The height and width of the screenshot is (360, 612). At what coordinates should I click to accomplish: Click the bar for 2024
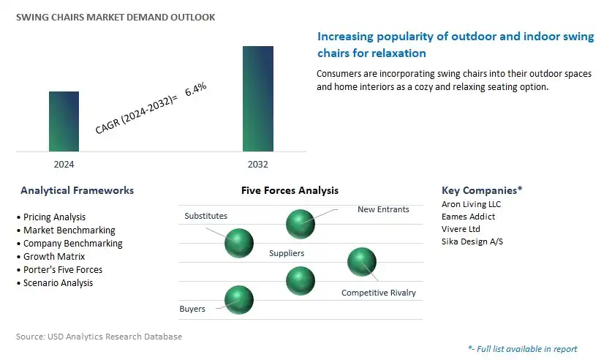pyautogui.click(x=64, y=121)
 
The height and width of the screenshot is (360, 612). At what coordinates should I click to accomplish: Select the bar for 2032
pyautogui.click(x=258, y=99)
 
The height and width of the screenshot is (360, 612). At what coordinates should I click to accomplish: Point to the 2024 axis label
pyautogui.click(x=64, y=165)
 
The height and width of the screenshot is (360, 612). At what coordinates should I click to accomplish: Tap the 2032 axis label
pyautogui.click(x=258, y=165)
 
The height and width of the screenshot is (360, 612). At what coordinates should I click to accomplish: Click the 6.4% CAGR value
pyautogui.click(x=195, y=89)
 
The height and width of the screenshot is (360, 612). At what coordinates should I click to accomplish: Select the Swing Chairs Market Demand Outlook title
pyautogui.click(x=116, y=17)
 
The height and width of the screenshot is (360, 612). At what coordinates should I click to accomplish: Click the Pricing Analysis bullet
pyautogui.click(x=51, y=217)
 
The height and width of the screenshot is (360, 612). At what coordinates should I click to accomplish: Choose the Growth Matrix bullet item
pyautogui.click(x=50, y=257)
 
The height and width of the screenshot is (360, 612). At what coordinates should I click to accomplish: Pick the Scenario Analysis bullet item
pyautogui.click(x=55, y=283)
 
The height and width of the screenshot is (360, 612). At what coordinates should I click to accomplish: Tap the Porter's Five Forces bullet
pyautogui.click(x=60, y=270)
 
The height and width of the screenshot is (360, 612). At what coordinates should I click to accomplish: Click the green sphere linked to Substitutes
pyautogui.click(x=239, y=243)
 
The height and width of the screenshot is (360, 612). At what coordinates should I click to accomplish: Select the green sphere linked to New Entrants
pyautogui.click(x=300, y=224)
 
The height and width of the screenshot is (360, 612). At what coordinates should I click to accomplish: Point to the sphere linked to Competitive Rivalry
pyautogui.click(x=362, y=262)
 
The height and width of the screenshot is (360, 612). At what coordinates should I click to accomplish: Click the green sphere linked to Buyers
pyautogui.click(x=239, y=300)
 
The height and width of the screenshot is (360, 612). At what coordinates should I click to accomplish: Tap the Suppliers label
pyautogui.click(x=287, y=253)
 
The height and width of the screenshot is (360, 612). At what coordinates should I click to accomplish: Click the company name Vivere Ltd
pyautogui.click(x=461, y=229)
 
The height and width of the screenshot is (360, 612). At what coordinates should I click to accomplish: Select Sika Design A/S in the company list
pyautogui.click(x=472, y=241)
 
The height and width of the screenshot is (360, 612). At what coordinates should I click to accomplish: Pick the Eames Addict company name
pyautogui.click(x=469, y=217)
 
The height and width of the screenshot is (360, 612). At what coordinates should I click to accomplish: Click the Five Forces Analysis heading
pyautogui.click(x=290, y=190)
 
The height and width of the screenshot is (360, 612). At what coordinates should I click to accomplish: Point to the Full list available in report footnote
pyautogui.click(x=523, y=349)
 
